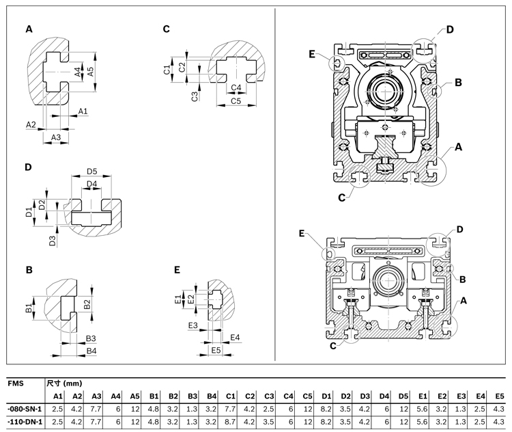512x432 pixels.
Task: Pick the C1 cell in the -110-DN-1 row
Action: tap(231, 422)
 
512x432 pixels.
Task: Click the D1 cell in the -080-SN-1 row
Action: tap(326, 409)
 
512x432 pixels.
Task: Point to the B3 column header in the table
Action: tap(193, 396)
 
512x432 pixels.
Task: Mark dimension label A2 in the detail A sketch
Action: tap(31, 124)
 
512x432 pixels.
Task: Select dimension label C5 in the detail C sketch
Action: tap(236, 101)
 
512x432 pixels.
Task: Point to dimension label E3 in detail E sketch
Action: tap(193, 325)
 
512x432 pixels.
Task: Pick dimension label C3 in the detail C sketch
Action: tap(195, 95)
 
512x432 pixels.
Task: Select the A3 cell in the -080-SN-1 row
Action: tap(97, 409)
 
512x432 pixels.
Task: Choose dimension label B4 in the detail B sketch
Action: tap(91, 351)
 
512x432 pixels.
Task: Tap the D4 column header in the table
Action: tap(384, 396)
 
